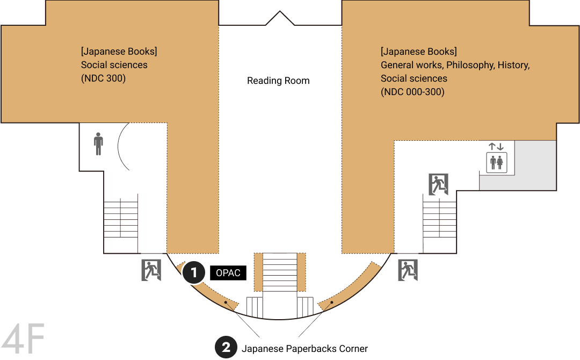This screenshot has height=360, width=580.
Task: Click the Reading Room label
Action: (x=278, y=81)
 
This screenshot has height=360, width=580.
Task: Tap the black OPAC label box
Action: (x=228, y=273)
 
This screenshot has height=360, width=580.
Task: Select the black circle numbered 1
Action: (x=193, y=272)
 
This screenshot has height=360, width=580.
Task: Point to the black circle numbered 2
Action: (x=226, y=347)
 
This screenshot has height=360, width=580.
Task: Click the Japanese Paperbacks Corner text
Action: (x=305, y=349)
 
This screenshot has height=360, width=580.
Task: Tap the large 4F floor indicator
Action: (x=23, y=339)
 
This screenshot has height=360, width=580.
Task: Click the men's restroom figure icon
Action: (x=98, y=143)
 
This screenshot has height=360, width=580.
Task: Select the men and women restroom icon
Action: (x=496, y=162)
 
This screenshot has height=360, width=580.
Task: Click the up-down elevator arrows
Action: (x=496, y=147)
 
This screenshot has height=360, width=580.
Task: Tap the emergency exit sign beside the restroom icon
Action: (x=439, y=184)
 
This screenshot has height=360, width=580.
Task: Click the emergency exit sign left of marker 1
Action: (x=151, y=270)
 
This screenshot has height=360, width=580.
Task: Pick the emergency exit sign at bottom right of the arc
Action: (x=408, y=270)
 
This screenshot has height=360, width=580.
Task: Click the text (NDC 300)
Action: (x=103, y=78)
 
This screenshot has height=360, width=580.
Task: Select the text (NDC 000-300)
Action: (x=412, y=92)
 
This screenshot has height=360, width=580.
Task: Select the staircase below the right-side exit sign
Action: (x=439, y=224)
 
